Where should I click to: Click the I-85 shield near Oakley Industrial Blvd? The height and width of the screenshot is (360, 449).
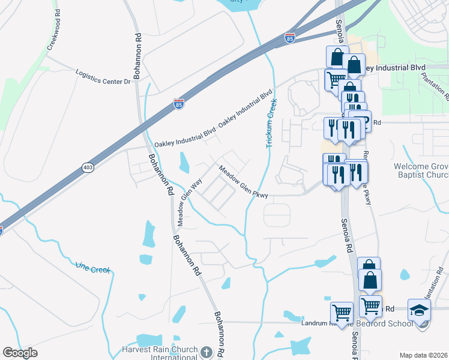(178, 103)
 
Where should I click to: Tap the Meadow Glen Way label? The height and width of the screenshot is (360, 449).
(181, 203)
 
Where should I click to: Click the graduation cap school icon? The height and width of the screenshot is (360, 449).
(419, 310)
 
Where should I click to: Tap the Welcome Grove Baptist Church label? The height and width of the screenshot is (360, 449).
(421, 170)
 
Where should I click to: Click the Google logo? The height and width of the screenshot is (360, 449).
(20, 353)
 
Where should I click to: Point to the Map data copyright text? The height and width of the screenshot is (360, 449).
(423, 355)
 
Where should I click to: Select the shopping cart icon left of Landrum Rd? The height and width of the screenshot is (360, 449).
(342, 312)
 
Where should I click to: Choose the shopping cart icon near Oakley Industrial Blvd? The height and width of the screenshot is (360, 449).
(336, 78)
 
